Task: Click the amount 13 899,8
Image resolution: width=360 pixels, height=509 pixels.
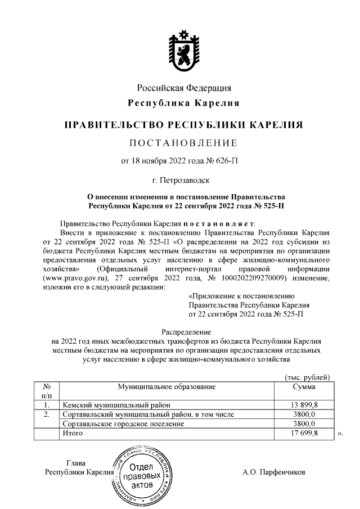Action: click(x=304, y=405)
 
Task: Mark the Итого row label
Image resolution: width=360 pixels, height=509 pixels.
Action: click(x=73, y=433)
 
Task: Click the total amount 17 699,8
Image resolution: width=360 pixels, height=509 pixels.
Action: click(x=304, y=433)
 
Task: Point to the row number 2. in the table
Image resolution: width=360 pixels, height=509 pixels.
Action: click(x=47, y=415)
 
